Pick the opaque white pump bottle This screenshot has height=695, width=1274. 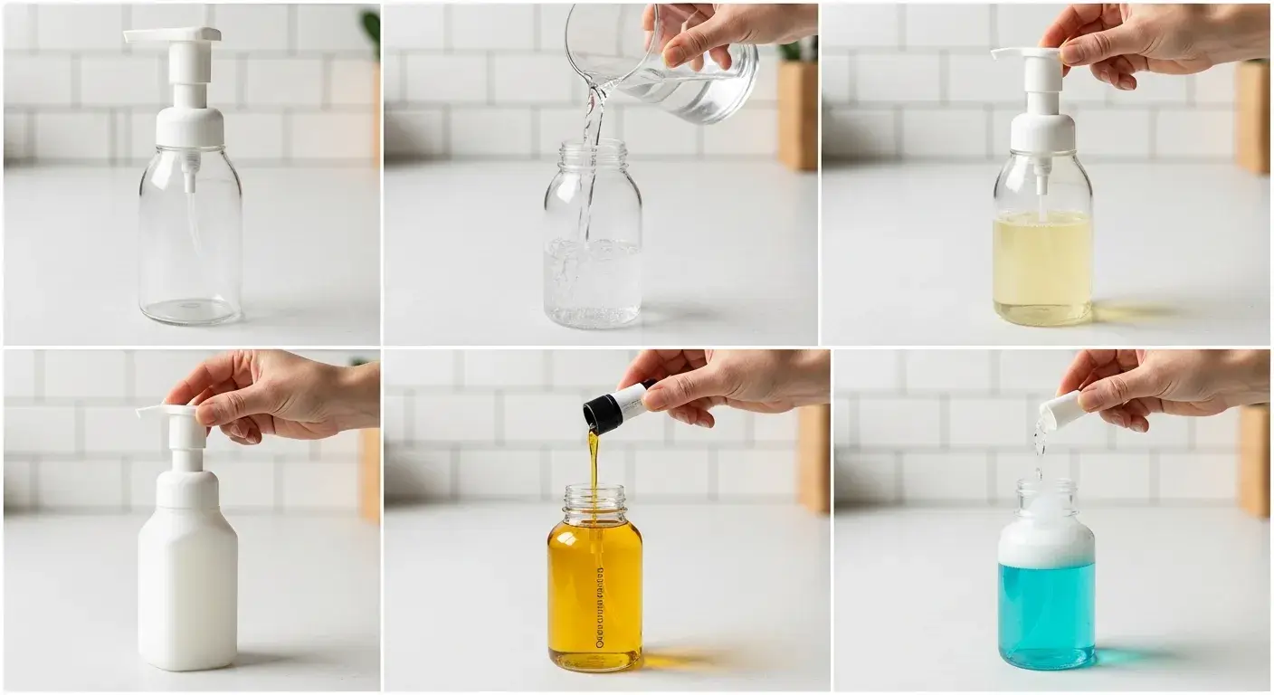pyautogui.click(x=187, y=579)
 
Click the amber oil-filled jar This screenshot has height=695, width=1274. pyautogui.click(x=594, y=597)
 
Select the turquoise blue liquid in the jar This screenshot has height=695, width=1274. pyautogui.click(x=1047, y=615)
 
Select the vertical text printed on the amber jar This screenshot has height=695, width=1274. pyautogui.click(x=600, y=606)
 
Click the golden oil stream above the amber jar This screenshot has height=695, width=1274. pyautogui.click(x=594, y=457)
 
